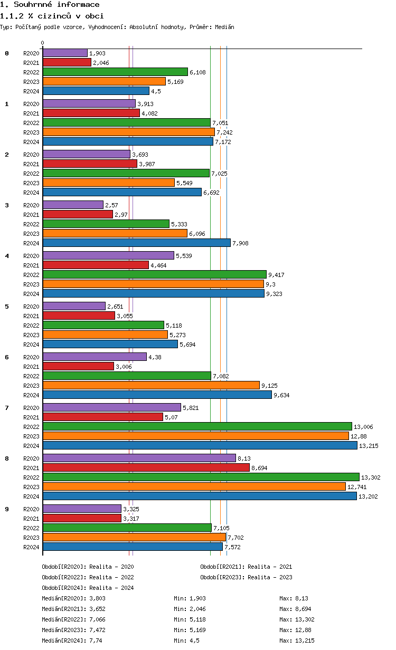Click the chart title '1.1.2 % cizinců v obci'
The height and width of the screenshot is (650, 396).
[x=52, y=16]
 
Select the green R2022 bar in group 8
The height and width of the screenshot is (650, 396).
[x=201, y=477]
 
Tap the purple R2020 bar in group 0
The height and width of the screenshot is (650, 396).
[x=65, y=53]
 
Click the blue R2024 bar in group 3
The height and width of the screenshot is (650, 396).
[x=136, y=243]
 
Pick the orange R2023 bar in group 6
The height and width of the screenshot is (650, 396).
[x=151, y=385]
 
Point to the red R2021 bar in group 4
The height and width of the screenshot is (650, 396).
[x=96, y=265]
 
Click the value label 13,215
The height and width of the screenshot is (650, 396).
[x=369, y=446]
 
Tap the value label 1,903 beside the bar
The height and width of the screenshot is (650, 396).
[x=98, y=53]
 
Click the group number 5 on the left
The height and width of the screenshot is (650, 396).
[x=7, y=307]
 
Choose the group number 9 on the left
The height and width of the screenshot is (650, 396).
[x=7, y=509]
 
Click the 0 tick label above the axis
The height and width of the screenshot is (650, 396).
[x=43, y=43]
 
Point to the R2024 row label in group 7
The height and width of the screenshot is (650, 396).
[x=31, y=446]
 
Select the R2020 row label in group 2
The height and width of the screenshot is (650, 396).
[x=31, y=155]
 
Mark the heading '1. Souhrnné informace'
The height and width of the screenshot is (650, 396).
[x=50, y=5]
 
